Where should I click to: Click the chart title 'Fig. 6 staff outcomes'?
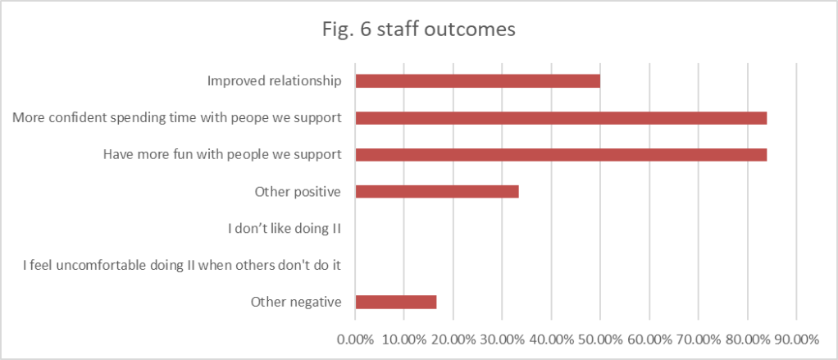coord(418,30)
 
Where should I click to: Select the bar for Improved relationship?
coord(477,81)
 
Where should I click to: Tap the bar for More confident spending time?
coord(561,118)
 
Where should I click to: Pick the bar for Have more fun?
coord(561,154)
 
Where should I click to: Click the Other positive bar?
coord(437,191)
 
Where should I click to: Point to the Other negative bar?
coord(396,302)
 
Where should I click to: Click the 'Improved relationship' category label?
coord(273,81)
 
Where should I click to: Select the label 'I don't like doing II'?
coord(284,228)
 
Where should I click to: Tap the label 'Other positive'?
coord(298,192)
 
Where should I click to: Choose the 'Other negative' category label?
coord(295,302)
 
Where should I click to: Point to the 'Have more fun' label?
coord(221,154)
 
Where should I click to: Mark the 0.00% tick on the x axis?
coord(355,339)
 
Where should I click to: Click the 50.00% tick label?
coord(600,339)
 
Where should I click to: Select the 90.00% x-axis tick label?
coord(796,339)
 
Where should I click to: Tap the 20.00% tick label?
coord(453,339)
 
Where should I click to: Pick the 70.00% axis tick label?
coord(698,339)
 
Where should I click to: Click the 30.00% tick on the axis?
coord(502,339)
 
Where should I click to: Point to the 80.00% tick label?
coord(747,339)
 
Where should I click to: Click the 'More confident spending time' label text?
coord(176,118)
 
